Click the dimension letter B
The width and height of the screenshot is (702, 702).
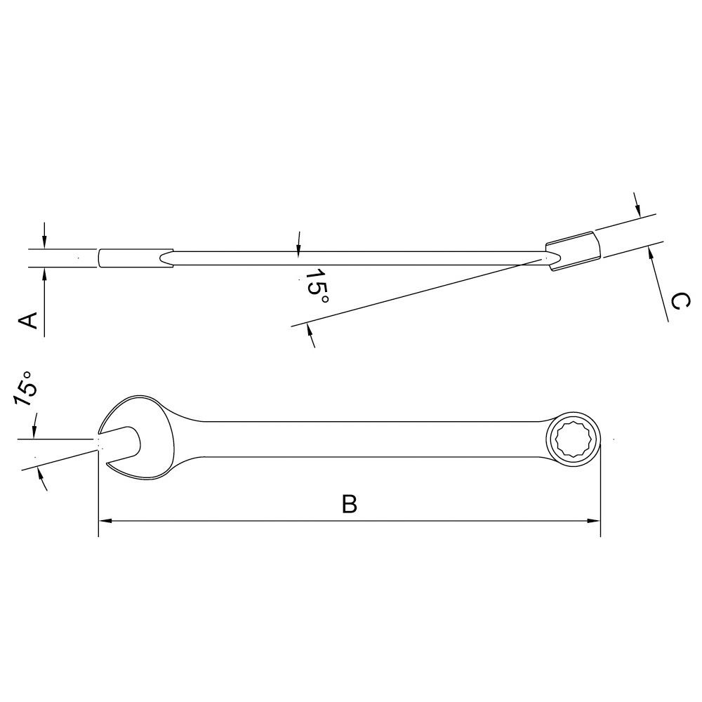tap(349, 503)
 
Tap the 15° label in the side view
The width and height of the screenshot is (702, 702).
tap(316, 285)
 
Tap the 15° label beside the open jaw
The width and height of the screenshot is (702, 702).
tap(25, 388)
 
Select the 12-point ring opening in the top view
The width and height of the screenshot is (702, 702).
tap(574, 439)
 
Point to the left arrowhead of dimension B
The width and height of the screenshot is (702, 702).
tap(105, 521)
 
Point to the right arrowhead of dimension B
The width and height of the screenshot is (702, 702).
tap(594, 521)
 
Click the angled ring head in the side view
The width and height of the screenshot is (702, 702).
tap(573, 251)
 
